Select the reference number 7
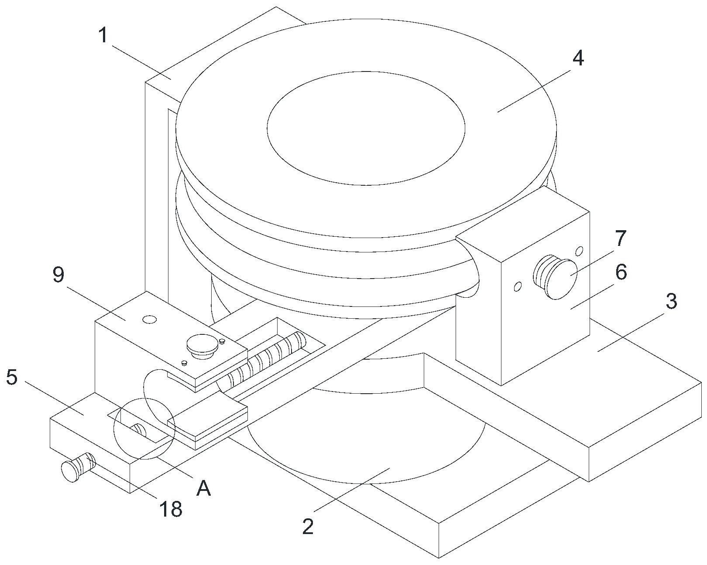tap(620, 238)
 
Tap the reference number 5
tap(12, 378)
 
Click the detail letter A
tap(203, 488)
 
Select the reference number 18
tap(171, 509)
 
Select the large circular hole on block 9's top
tap(150, 320)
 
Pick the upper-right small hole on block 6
tap(580, 251)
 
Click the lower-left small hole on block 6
tap(518, 286)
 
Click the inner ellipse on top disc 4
tap(366, 128)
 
